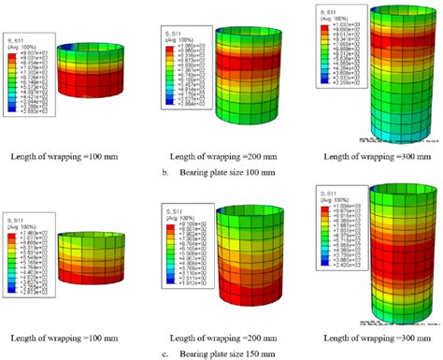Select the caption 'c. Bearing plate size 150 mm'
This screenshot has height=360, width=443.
coord(221,350)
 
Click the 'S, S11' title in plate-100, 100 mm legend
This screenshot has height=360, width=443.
coord(14,40)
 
